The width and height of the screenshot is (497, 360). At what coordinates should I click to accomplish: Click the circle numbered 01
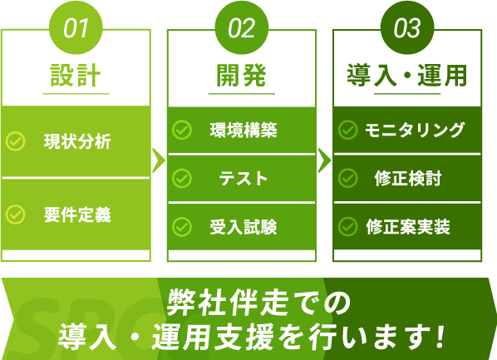[x=76, y=27]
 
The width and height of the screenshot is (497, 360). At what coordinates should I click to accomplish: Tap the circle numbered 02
[x=242, y=27]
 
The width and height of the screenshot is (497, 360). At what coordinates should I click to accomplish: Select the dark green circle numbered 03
[x=407, y=27]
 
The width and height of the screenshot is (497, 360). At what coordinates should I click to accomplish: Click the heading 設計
[x=76, y=75]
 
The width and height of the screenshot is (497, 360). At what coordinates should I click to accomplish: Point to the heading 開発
[x=242, y=75]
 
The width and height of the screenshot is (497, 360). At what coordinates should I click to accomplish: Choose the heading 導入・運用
[x=407, y=75]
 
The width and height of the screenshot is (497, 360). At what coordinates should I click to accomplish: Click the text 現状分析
[x=77, y=141]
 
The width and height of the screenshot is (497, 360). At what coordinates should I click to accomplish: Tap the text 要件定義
[x=77, y=215]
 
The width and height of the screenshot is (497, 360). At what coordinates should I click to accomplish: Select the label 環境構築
[x=244, y=130]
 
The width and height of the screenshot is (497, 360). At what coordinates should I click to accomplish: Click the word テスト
[x=244, y=178]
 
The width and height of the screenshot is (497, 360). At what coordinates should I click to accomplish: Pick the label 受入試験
[x=244, y=227]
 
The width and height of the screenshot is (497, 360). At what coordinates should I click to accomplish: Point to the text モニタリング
[x=414, y=130]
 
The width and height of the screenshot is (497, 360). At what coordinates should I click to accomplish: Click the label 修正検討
[x=408, y=178]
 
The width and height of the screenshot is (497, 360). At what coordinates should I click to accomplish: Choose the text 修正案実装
[x=408, y=227]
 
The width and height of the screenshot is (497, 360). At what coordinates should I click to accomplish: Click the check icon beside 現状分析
[x=16, y=141]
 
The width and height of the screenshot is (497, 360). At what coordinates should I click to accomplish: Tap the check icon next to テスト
[x=182, y=178]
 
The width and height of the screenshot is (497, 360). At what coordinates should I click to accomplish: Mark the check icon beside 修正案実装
[x=347, y=227]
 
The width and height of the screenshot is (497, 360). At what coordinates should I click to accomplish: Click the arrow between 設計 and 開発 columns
[x=159, y=160]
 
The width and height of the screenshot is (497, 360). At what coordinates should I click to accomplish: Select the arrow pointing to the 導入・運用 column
[x=324, y=160]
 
